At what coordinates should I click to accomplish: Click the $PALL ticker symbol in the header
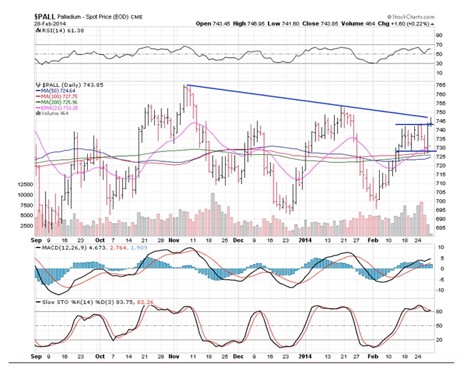click(x=51, y=15)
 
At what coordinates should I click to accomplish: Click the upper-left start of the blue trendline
click(x=186, y=86)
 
